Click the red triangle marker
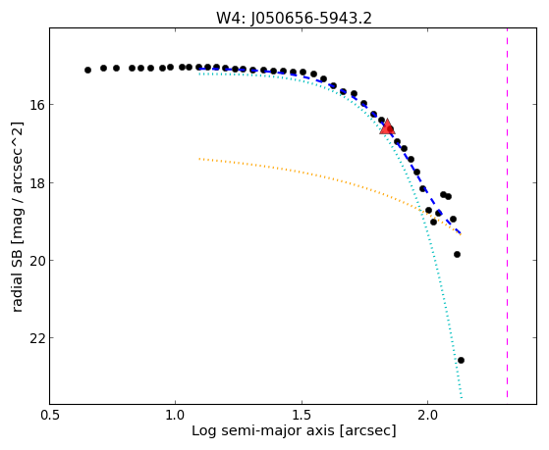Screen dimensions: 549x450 click(387, 126)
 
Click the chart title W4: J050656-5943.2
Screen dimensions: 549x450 click(294, 19)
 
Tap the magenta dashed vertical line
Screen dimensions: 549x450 click(507, 213)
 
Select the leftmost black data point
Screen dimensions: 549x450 click(87, 70)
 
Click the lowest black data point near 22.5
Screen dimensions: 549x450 click(461, 360)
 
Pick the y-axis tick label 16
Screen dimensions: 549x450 click(35, 105)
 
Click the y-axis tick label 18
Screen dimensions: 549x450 click(35, 182)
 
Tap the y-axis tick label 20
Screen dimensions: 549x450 click(35, 261)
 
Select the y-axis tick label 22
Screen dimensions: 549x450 click(35, 338)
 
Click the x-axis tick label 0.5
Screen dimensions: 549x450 click(50, 415)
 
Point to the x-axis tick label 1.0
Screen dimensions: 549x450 click(174, 415)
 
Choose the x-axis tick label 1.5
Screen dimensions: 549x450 click(302, 415)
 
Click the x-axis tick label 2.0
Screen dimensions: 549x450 click(427, 415)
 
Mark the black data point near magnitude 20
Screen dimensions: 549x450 click(457, 254)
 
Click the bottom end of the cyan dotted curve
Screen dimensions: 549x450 click(462, 397)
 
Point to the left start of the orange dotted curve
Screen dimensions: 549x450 click(199, 159)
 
